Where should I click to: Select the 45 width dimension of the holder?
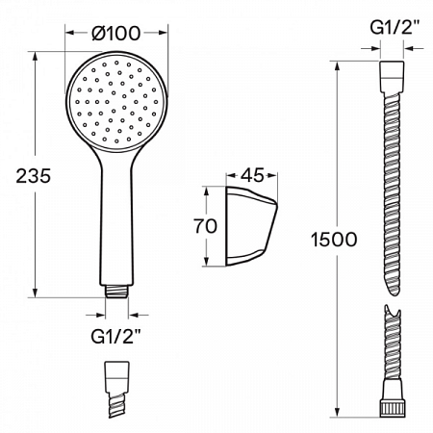click(x=253, y=175)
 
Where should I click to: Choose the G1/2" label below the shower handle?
click(x=117, y=336)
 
